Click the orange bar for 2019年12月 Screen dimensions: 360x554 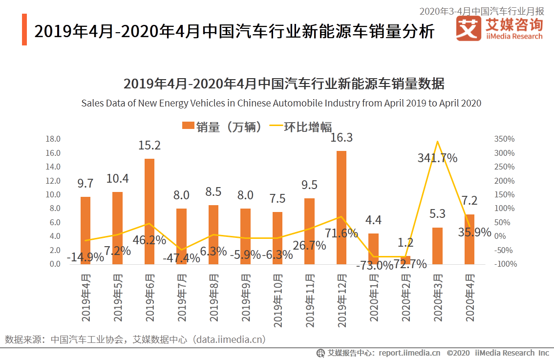[341, 208]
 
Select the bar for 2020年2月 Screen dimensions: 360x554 [405, 260]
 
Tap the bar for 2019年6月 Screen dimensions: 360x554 [149, 211]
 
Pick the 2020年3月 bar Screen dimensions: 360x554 [437, 246]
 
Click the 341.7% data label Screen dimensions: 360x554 [437, 158]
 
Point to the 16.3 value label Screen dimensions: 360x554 [341, 138]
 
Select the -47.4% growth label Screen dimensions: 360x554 [181, 258]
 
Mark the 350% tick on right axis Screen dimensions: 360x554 [504, 139]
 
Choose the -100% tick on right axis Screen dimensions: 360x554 [504, 264]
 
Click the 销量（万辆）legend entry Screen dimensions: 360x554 [222, 127]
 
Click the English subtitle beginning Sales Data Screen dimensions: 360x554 [281, 103]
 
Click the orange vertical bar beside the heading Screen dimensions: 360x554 [24, 30]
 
